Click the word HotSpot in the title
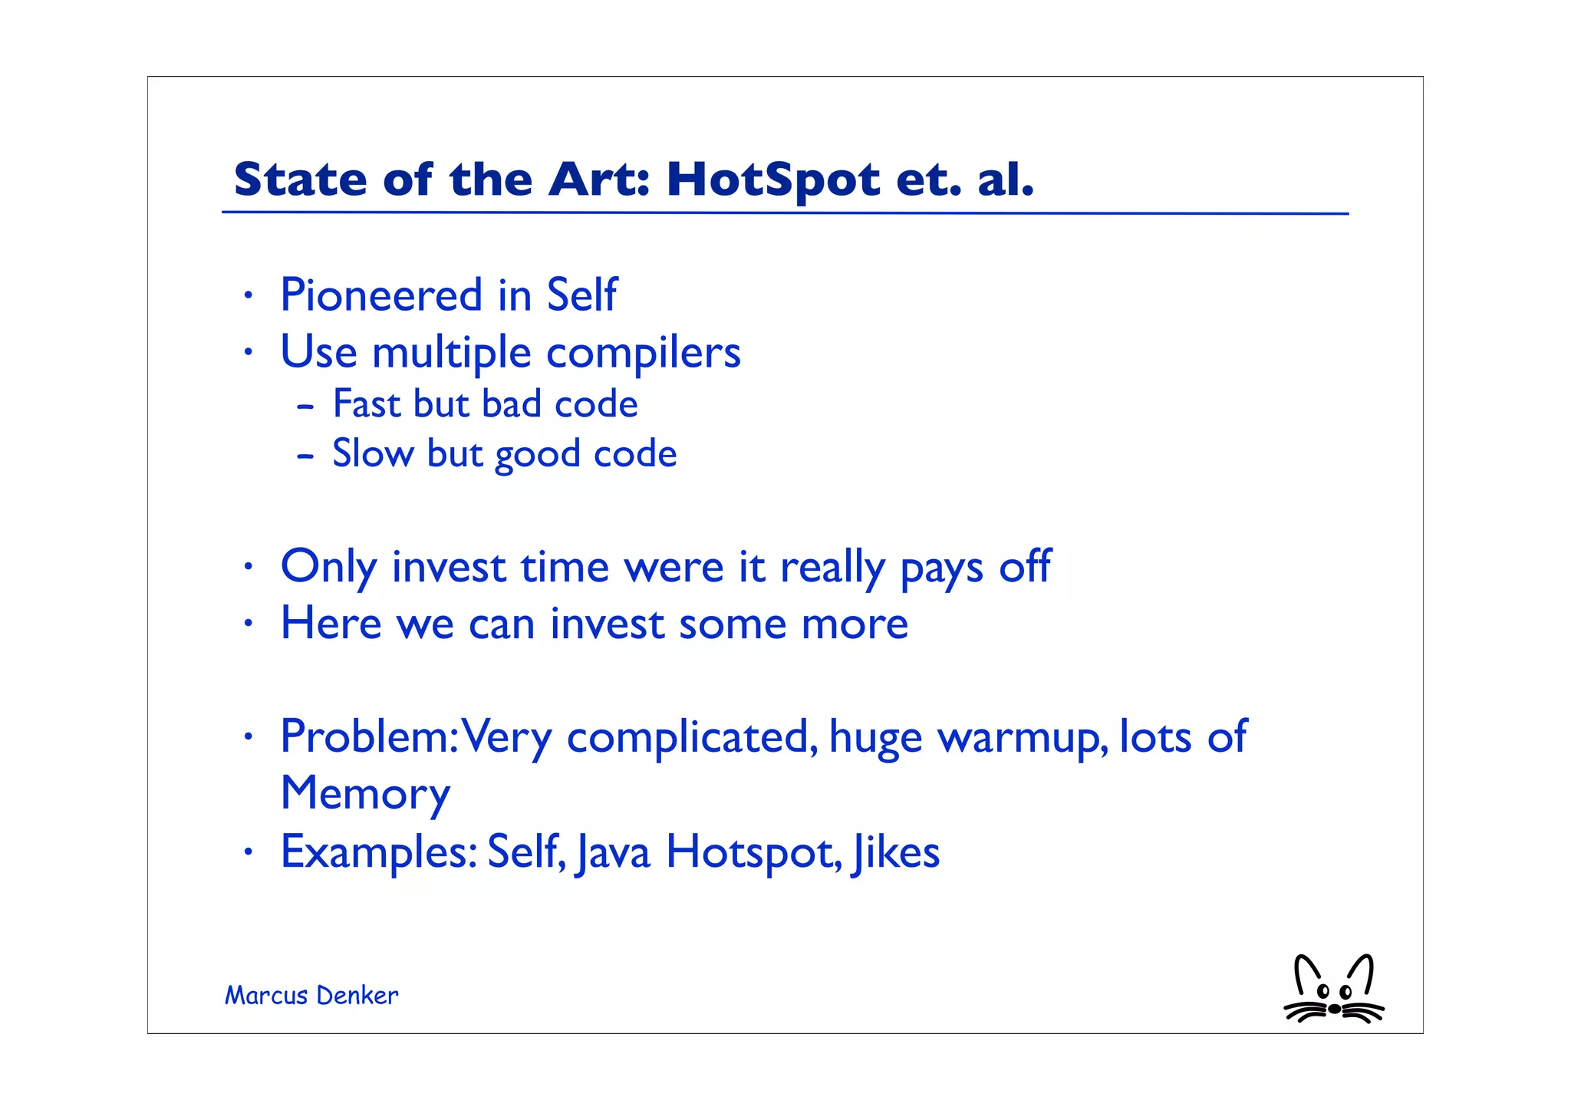(773, 181)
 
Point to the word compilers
(643, 354)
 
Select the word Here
(331, 623)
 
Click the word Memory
(365, 795)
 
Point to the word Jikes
(895, 853)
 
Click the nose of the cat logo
(1335, 1009)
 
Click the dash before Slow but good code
(305, 456)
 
